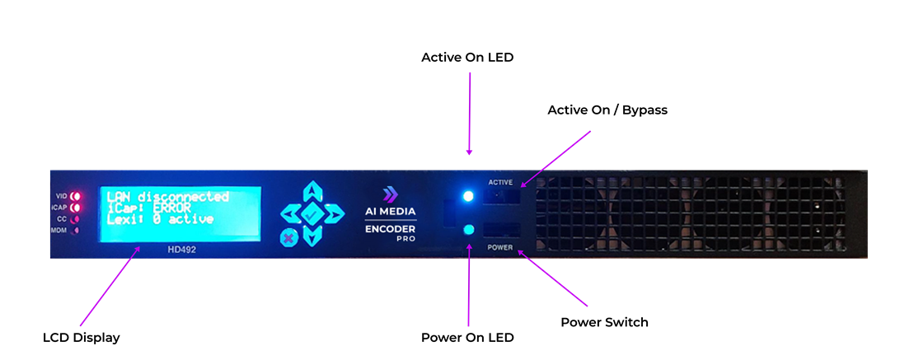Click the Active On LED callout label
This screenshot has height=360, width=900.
click(x=467, y=58)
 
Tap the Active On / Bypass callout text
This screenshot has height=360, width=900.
click(x=607, y=110)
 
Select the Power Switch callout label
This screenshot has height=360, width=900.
click(x=604, y=322)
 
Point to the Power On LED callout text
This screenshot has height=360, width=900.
click(x=467, y=338)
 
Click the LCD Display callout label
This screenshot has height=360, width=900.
click(x=82, y=338)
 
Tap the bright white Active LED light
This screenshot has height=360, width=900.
click(x=468, y=196)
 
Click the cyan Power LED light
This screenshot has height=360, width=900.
click(x=468, y=230)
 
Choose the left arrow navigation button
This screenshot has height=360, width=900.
click(x=290, y=214)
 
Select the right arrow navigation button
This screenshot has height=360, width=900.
click(x=334, y=214)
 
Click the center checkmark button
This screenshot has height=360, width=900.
click(x=312, y=214)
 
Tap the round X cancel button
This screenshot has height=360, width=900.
click(x=289, y=238)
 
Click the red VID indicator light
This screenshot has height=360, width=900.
click(x=74, y=196)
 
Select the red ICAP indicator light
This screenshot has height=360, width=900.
click(x=74, y=208)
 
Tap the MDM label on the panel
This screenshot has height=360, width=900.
click(x=60, y=230)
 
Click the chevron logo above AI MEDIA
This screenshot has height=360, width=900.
click(x=390, y=194)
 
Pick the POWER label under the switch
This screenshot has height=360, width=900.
click(x=500, y=248)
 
